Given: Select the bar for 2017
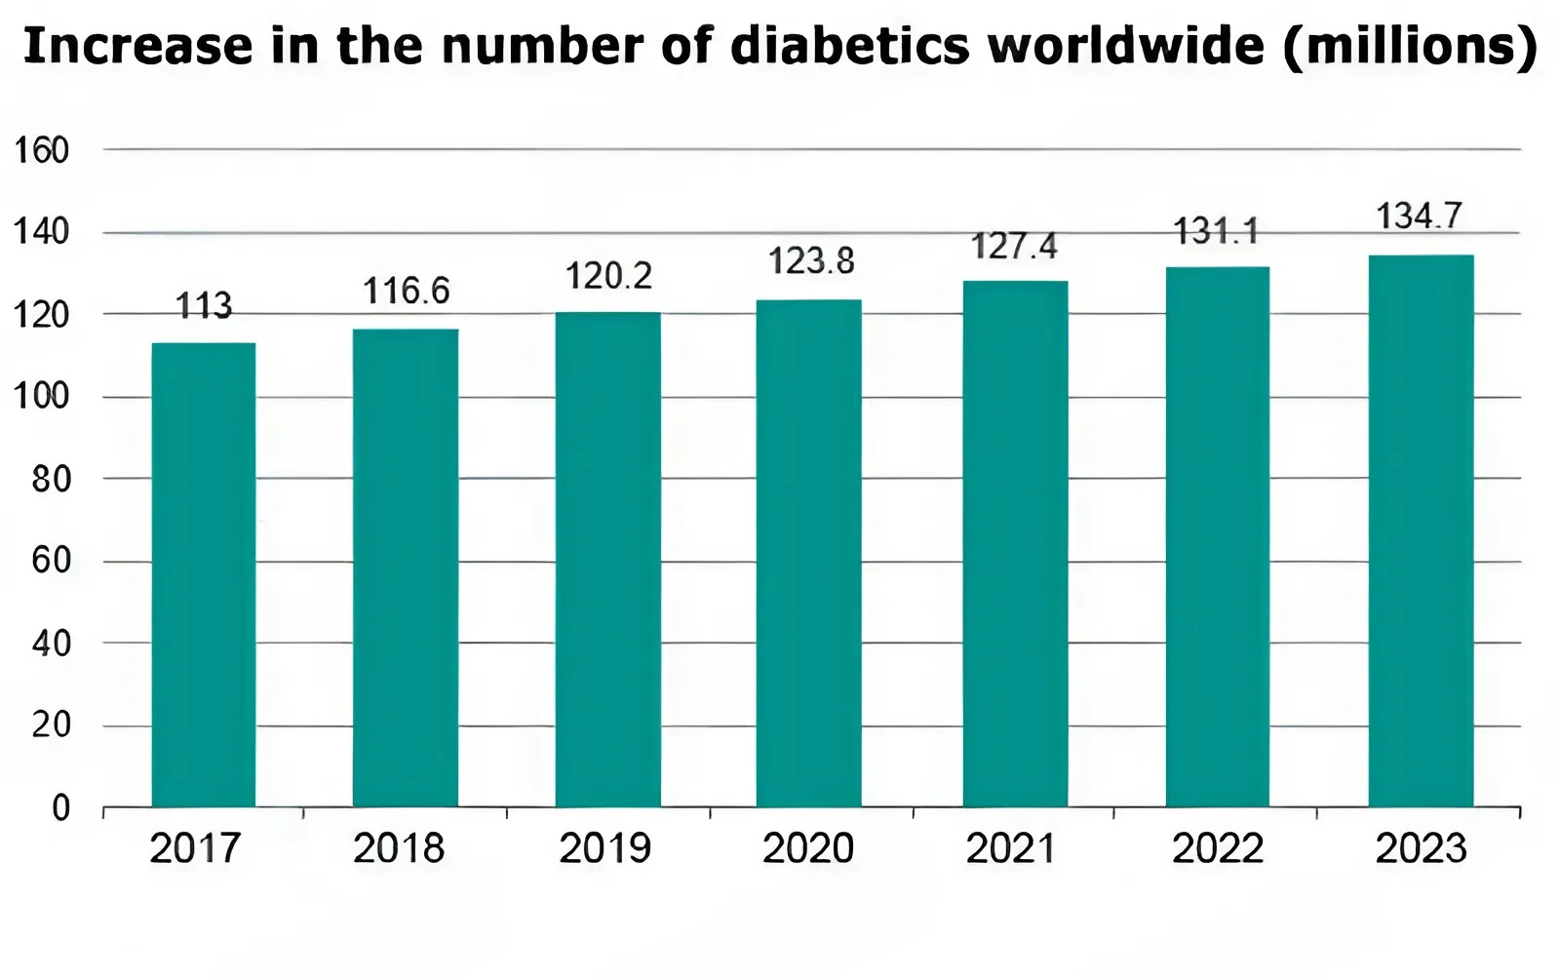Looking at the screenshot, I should coord(204,574).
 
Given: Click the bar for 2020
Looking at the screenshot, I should coord(808,553).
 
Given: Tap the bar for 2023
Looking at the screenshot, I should coord(1421,530).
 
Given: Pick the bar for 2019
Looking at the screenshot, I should coord(607,559).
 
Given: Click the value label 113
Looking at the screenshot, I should coord(204,307).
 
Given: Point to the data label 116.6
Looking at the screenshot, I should coord(406,291).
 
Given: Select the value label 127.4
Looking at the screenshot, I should coord(1014,247).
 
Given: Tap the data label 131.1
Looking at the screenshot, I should coord(1216,232).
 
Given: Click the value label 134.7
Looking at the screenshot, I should coord(1419,215).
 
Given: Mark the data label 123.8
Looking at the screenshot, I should coord(810,261).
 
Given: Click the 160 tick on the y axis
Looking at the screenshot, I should coord(41,150).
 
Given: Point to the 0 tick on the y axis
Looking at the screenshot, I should coord(60,807).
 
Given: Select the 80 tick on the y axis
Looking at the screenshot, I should coord(51,479).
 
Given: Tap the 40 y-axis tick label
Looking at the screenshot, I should coord(51,644).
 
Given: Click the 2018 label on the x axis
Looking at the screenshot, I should coord(399,848).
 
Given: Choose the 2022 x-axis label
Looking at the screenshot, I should coord(1217,848).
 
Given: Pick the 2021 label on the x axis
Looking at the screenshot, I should coord(1011,848).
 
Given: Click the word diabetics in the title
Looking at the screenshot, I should coord(849,46).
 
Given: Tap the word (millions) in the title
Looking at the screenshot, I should coord(1409,46).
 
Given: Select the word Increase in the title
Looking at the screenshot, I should coord(136,46).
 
